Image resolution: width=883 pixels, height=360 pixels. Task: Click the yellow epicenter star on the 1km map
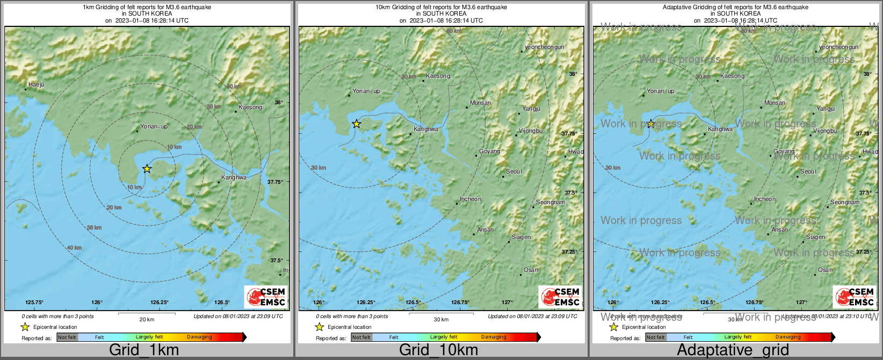[147, 169]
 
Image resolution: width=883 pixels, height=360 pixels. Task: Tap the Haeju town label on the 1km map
[37, 85]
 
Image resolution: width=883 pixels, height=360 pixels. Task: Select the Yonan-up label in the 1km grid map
[154, 127]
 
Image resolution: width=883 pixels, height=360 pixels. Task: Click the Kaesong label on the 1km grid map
[250, 107]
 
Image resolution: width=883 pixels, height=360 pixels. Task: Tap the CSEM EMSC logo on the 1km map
[266, 297]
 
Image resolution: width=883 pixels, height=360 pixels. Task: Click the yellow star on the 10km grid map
[356, 124]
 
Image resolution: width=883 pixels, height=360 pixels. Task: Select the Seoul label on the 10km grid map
[514, 172]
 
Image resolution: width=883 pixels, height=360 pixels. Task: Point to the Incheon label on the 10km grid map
[471, 199]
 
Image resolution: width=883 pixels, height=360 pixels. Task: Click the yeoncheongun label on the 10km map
[545, 47]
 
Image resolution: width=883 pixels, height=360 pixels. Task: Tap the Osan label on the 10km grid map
[531, 270]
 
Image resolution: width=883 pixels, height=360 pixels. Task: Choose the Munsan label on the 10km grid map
[480, 103]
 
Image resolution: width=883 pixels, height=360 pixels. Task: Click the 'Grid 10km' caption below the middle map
[438, 350]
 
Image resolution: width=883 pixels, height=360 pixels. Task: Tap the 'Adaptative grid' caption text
[733, 350]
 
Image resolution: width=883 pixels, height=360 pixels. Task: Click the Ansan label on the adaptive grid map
[780, 230]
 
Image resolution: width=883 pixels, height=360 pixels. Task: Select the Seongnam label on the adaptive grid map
[845, 203]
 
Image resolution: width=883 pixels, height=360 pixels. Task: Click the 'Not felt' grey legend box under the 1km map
[67, 337]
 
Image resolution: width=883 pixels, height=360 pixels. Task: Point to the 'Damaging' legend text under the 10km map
[494, 337]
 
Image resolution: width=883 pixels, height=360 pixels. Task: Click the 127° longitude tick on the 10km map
[507, 303]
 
